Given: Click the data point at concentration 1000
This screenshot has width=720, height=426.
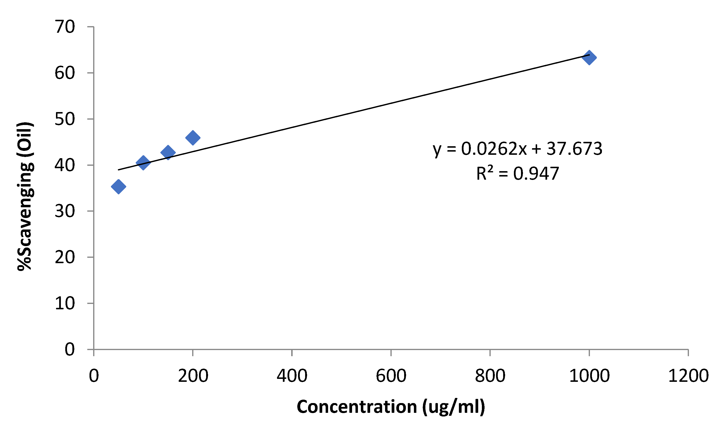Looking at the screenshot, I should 589,57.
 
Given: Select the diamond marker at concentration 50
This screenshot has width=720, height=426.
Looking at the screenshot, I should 118,187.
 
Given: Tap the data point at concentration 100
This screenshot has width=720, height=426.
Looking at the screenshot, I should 143,163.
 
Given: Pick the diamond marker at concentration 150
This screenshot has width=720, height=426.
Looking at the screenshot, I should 168,152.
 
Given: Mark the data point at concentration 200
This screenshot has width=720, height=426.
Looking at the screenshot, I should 193,137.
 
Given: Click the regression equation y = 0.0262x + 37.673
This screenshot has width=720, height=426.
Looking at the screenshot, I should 517,149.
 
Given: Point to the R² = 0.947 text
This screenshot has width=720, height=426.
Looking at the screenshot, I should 517,174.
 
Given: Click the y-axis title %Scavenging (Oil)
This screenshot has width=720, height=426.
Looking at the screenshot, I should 25,196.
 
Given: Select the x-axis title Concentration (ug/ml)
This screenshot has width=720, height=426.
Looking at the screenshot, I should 391,407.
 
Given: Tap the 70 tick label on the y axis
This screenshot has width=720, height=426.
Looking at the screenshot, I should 65,27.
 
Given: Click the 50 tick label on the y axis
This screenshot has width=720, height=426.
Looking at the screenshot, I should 65,119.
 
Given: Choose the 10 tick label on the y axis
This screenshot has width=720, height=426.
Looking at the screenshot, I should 65,303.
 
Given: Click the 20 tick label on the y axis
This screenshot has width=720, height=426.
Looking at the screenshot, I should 65,257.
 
